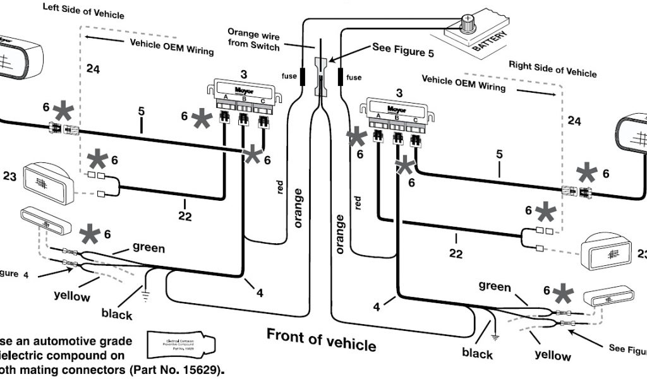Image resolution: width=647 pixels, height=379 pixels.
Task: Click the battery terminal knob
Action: point(468,24)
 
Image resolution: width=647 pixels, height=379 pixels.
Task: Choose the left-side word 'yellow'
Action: point(72,296)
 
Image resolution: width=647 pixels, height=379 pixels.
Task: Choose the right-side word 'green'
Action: point(495,287)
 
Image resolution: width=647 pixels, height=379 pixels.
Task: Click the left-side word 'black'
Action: point(117,314)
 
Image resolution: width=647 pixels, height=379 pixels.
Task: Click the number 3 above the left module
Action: point(243,75)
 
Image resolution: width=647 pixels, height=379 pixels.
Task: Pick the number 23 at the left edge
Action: point(9,177)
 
